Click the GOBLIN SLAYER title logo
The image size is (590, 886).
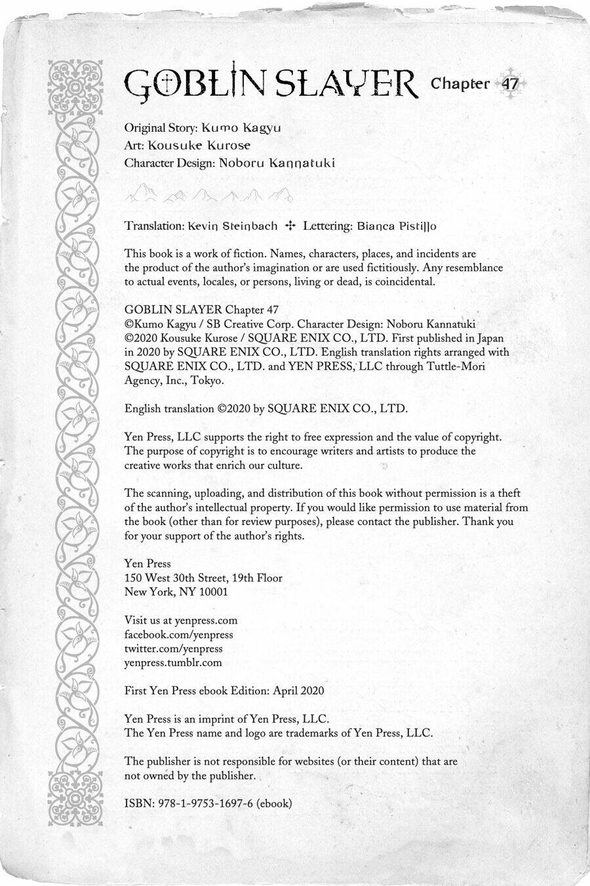coord(270,84)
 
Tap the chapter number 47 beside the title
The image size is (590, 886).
coord(509,84)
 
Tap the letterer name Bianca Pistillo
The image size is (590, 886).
coord(396,226)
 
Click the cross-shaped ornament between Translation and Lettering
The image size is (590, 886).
coord(291,226)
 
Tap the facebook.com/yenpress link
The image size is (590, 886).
coord(178,635)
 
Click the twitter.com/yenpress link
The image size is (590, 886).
coord(173,648)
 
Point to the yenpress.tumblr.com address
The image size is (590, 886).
coord(173,663)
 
